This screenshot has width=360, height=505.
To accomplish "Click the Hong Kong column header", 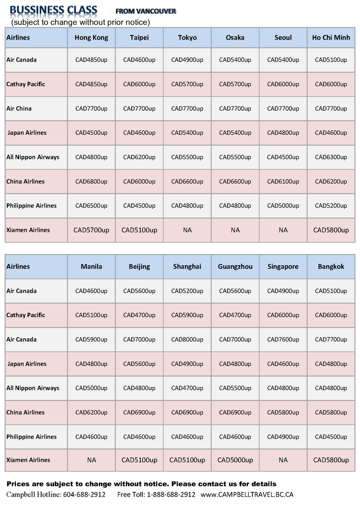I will pos(91,38).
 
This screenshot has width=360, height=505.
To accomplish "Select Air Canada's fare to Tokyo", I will pos(187,60).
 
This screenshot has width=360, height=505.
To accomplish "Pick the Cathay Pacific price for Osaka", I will pos(235,84).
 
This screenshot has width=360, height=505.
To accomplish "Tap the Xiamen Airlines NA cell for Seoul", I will pos(283,230).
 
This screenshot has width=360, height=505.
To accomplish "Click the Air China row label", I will pos(19,109).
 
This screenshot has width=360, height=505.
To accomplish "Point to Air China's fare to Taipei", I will pos(139,109).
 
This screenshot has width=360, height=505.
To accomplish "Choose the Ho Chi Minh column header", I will pos(331,38).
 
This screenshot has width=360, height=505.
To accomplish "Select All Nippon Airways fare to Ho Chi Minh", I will pos(331,157).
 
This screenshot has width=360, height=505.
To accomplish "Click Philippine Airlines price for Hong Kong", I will pos(91,206).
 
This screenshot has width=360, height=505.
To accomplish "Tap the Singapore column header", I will pos(283,267).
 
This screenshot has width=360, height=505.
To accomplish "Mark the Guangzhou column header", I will pos(235,267).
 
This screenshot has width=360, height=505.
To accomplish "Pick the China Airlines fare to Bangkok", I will pos(331,413).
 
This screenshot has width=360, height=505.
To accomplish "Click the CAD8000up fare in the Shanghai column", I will pos(187,339).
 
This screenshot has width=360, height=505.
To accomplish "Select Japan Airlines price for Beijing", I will pos(139,364).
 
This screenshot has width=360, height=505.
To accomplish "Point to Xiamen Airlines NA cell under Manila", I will pos(91,460).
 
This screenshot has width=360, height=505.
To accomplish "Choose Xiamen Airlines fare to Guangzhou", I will pos(235,460).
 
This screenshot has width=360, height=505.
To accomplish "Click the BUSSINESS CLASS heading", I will pos(53,10).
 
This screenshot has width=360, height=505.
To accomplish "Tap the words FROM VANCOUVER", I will pos(146,12).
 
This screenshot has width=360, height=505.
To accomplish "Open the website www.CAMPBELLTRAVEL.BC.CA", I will pos(247,495).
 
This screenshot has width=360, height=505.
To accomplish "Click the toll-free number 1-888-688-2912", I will pos(171,495).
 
